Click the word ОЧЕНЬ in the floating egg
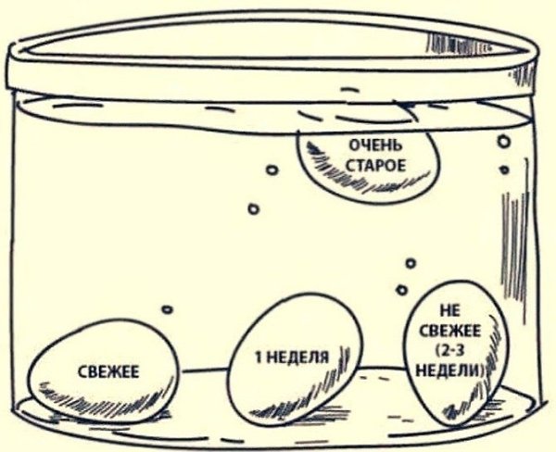373,144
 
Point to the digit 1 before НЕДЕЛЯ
259,357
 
